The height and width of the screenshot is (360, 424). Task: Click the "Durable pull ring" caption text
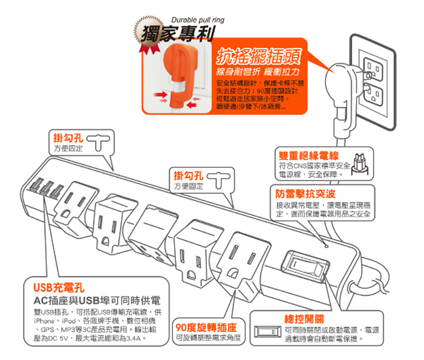click(197, 20)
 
